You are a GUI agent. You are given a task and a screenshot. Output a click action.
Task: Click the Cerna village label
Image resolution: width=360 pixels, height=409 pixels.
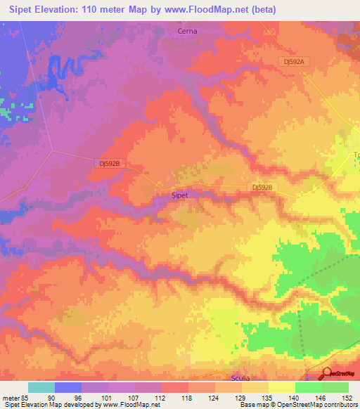[187, 31]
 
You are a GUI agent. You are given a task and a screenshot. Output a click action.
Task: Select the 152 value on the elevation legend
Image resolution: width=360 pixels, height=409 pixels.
[348, 398]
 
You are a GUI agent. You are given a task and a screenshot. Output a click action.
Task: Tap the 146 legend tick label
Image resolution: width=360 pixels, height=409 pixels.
[321, 398]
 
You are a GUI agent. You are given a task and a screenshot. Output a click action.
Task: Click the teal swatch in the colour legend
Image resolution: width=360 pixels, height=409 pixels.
[41, 387]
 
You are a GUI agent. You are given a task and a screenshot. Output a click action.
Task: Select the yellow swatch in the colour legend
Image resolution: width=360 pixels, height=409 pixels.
[282, 387]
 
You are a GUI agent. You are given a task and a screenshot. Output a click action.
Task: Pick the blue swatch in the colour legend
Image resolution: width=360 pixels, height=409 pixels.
[68, 387]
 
